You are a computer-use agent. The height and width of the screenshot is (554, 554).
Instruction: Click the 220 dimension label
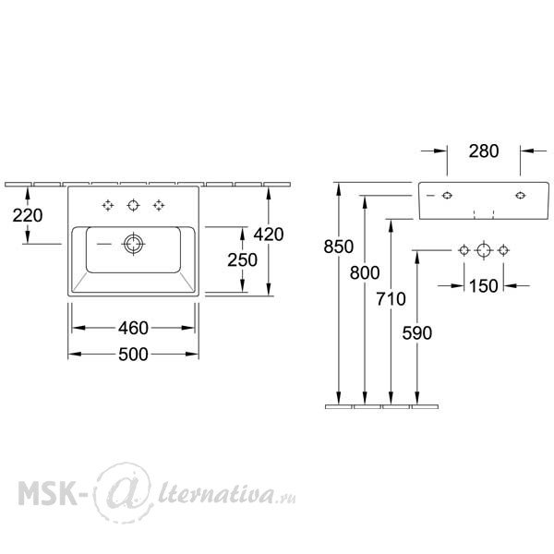[x=28, y=215]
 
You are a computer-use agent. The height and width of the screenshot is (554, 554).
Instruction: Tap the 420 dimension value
[x=269, y=235]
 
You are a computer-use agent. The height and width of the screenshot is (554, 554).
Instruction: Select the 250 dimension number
[x=242, y=260]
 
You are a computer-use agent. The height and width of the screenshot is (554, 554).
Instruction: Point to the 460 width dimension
[x=133, y=328]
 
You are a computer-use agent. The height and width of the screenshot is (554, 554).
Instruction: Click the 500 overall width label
[x=133, y=354]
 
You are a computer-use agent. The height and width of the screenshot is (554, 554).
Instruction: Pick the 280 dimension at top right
[x=484, y=151]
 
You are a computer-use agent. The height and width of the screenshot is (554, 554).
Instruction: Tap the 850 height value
[x=339, y=247]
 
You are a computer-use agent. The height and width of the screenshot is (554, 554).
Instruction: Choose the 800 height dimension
[x=365, y=272]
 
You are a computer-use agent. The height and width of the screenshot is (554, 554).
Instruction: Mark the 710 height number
[x=391, y=299]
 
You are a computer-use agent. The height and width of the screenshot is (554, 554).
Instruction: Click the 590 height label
[x=417, y=332]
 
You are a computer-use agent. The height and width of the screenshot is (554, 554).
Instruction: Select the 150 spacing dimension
[x=484, y=285]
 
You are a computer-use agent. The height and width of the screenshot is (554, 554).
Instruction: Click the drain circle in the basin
[x=134, y=244]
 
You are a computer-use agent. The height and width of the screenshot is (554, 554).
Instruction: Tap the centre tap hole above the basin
[x=133, y=205]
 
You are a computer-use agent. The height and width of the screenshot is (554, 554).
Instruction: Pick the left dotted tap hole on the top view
[x=108, y=205]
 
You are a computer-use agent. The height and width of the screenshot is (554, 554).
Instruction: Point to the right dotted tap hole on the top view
[x=159, y=205]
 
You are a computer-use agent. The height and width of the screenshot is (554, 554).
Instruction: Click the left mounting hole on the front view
[x=447, y=196]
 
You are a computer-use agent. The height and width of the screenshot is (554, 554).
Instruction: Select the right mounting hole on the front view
[x=520, y=196]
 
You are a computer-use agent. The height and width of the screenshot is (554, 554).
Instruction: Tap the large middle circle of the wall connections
[x=484, y=250]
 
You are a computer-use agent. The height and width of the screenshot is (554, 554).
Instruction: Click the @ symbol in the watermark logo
[x=124, y=492]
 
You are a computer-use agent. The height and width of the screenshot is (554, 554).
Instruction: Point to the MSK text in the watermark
[x=47, y=492]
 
